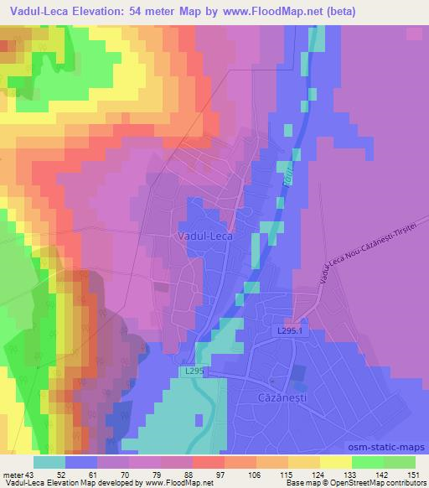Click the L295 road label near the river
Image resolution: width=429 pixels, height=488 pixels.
click(x=191, y=370)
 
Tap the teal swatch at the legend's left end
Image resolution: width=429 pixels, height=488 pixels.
click(x=50, y=462)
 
